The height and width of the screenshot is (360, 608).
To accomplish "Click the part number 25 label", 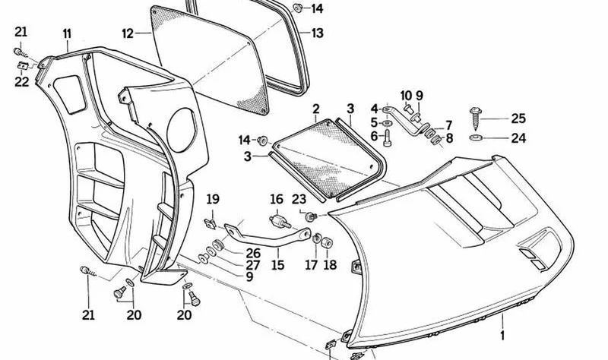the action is pyautogui.click(x=518, y=118).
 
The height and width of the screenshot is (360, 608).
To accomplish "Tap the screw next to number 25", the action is pyautogui.click(x=476, y=118).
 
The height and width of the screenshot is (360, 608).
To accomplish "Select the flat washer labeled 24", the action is pyautogui.click(x=476, y=137).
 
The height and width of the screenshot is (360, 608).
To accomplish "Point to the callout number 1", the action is pyautogui.click(x=502, y=335).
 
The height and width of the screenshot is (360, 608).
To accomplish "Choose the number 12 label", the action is pyautogui.click(x=128, y=33).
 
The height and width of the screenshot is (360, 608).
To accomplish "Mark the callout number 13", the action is pyautogui.click(x=317, y=33).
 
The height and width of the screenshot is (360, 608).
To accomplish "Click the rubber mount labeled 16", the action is pyautogui.click(x=280, y=221).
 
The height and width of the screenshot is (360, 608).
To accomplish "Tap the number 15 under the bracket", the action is pyautogui.click(x=278, y=265).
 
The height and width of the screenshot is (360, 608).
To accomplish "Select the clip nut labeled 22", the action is pyautogui.click(x=24, y=66).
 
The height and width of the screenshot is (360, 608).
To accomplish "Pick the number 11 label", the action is pyautogui.click(x=67, y=33).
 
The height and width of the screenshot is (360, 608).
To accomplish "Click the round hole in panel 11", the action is pyautogui.click(x=182, y=130).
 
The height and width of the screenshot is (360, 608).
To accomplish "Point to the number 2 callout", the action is pyautogui.click(x=315, y=109).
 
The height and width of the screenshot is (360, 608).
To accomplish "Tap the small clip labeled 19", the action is pyautogui.click(x=210, y=223).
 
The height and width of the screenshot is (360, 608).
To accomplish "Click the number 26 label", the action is pyautogui.click(x=253, y=254).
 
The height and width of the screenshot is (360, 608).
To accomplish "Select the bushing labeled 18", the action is pyautogui.click(x=327, y=243).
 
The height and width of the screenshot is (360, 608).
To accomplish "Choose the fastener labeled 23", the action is pyautogui.click(x=311, y=216).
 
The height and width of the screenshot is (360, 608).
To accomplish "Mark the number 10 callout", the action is pyautogui.click(x=406, y=96).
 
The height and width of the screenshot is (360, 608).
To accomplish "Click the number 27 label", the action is pyautogui.click(x=253, y=265).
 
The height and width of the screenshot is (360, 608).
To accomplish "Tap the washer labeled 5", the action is pyautogui.click(x=387, y=123).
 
